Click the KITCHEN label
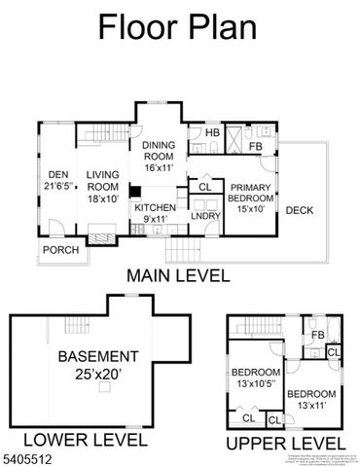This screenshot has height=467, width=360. pyautogui.click(x=155, y=214)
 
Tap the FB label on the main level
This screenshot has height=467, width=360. pyautogui.click(x=256, y=147)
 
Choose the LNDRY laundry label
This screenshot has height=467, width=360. pyautogui.click(x=203, y=217)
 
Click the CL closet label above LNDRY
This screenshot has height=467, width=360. pyautogui.click(x=204, y=187)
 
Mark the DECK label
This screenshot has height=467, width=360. pyautogui.click(x=299, y=209)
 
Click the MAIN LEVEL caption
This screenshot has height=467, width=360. pyautogui.click(x=178, y=275)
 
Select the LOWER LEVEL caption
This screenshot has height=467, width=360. pyautogui.click(x=85, y=440)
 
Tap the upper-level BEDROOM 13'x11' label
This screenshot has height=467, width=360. pyautogui.click(x=310, y=399)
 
